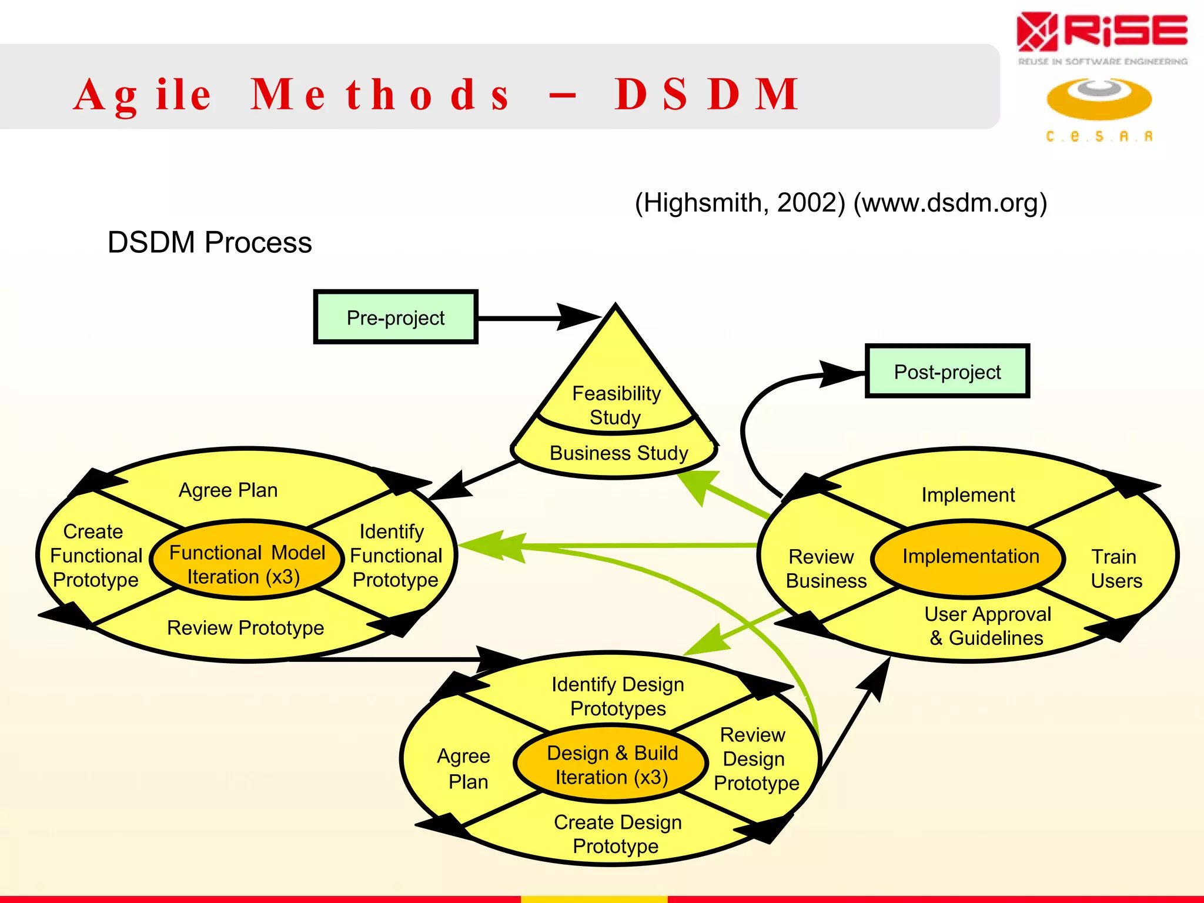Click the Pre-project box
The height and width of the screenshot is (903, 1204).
(x=396, y=317)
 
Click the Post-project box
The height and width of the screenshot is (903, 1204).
(x=947, y=372)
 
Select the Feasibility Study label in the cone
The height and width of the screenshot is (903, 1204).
(x=616, y=405)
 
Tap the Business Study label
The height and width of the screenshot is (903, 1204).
(x=618, y=453)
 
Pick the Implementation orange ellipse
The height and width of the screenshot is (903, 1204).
(x=970, y=557)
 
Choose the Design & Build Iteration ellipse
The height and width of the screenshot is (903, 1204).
(x=611, y=765)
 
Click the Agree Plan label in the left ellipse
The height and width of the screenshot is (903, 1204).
(x=228, y=490)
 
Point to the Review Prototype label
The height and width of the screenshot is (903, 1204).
(x=245, y=628)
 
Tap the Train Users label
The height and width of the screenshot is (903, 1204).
(x=1115, y=568)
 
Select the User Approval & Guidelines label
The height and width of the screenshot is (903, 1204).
(x=987, y=626)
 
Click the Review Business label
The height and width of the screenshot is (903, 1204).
(x=825, y=568)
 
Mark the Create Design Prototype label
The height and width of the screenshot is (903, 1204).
(x=617, y=834)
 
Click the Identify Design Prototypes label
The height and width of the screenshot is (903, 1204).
(x=618, y=696)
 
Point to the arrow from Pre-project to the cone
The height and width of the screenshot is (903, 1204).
(x=529, y=318)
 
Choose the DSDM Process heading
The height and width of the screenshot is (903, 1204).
(x=209, y=243)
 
